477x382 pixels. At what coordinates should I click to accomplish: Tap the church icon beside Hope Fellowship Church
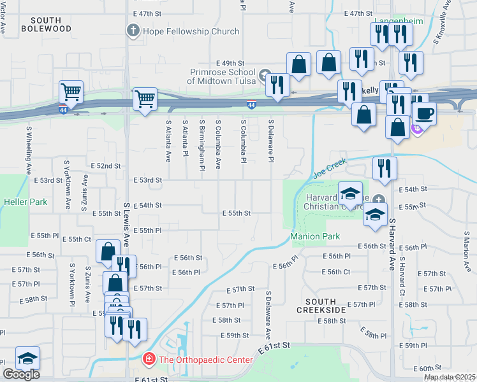133,31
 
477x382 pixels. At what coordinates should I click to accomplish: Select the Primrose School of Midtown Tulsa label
221,76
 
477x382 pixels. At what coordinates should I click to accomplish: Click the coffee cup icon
424,113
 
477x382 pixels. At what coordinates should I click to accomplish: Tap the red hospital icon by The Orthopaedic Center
149,360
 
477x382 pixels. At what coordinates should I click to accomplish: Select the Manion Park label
314,236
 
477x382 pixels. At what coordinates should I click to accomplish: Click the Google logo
21,374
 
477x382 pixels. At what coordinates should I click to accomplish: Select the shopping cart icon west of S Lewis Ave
71,91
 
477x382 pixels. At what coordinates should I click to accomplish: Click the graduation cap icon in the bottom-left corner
27,358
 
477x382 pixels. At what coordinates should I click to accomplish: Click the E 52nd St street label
105,166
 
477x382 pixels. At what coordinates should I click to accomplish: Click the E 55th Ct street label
77,239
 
